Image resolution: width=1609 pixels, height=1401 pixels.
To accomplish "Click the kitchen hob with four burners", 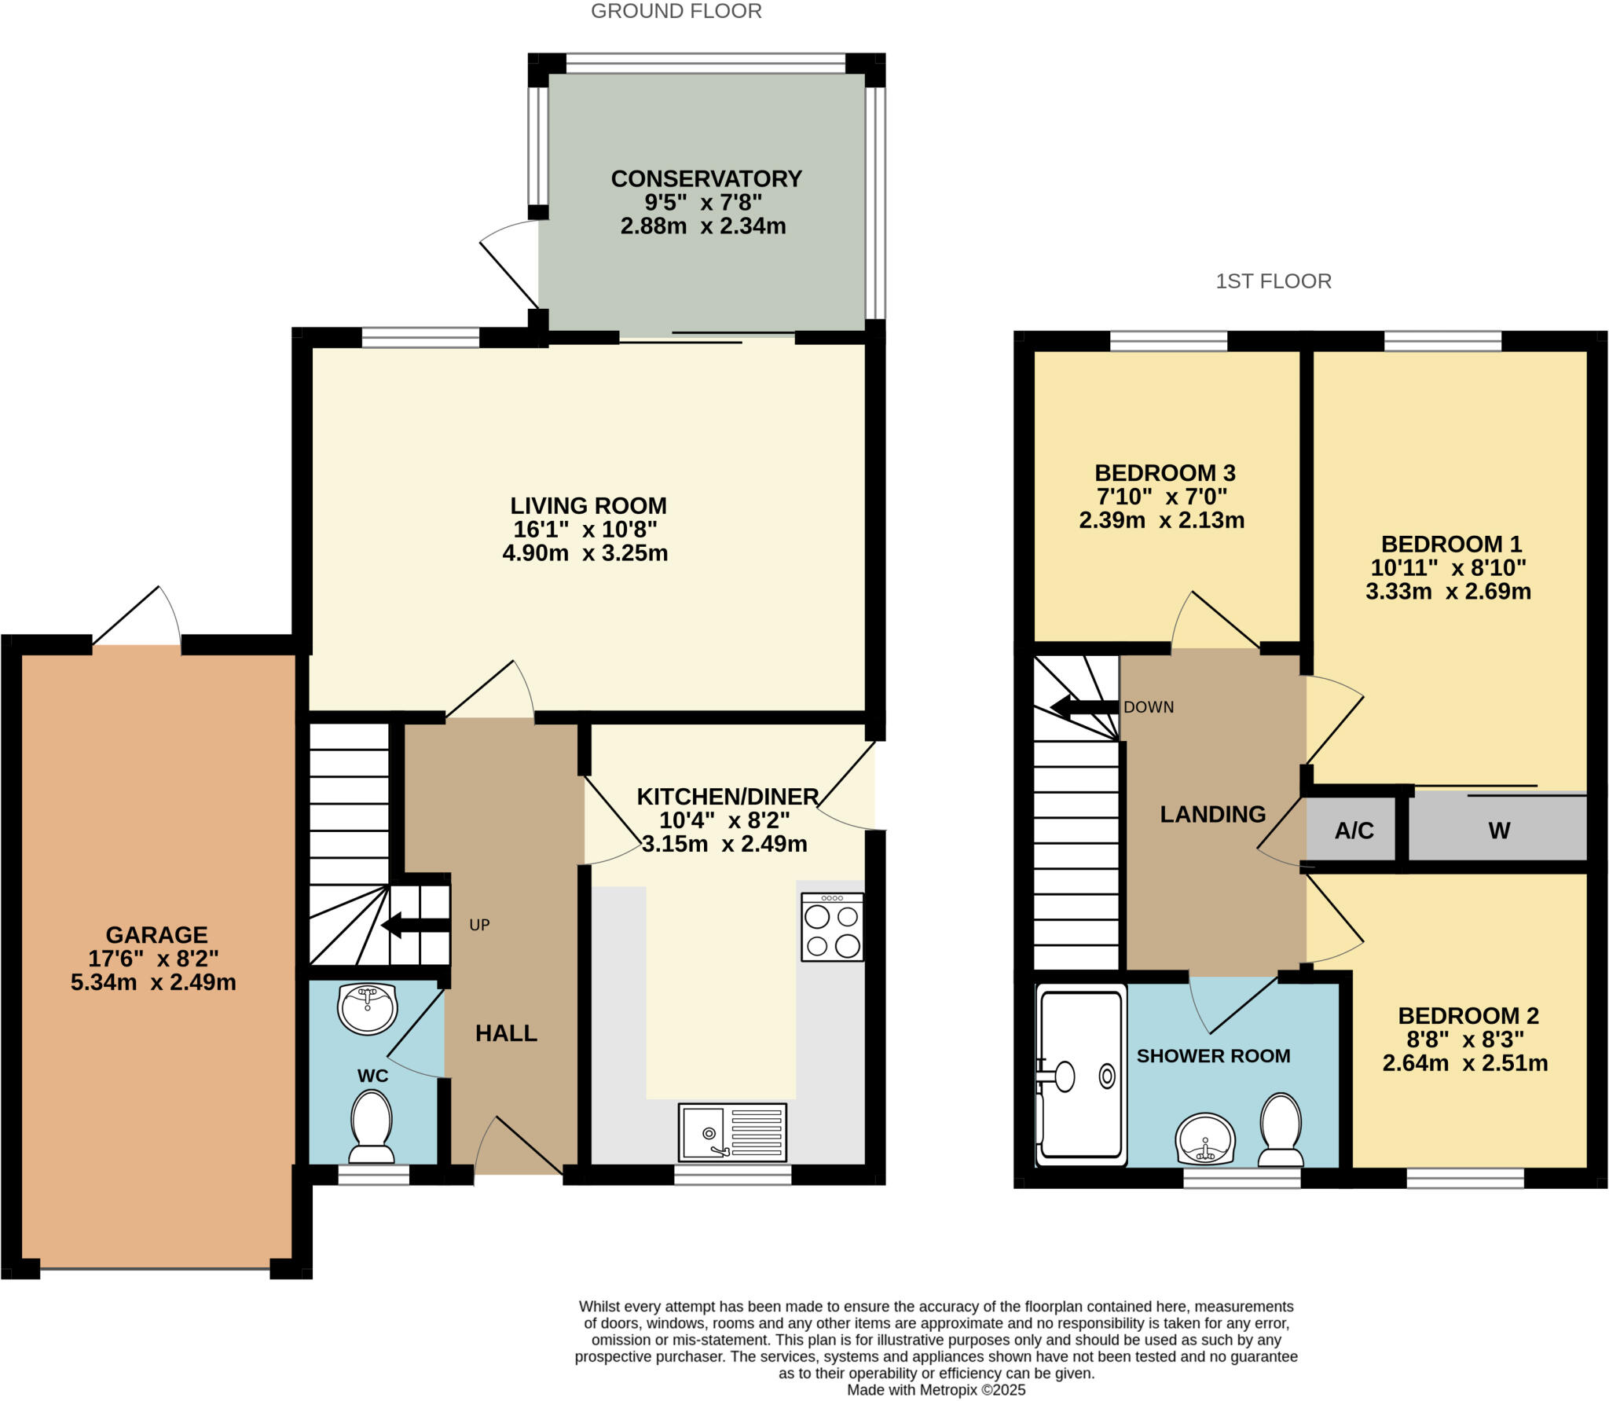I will click(832, 927).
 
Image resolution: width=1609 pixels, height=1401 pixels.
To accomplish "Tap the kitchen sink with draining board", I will click(732, 1132).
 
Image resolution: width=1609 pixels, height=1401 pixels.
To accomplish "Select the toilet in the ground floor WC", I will click(372, 1128).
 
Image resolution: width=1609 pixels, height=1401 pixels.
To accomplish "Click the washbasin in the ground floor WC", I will click(367, 1008).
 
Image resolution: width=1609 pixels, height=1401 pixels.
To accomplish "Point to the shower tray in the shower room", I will click(1081, 1075).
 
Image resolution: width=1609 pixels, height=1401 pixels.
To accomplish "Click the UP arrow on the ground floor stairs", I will click(415, 925).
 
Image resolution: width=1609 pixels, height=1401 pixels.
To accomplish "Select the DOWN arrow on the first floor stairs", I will click(1084, 706).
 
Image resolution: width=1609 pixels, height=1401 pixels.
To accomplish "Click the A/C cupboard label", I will click(1354, 831).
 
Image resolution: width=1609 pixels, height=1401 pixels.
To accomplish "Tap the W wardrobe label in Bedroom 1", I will click(1498, 831).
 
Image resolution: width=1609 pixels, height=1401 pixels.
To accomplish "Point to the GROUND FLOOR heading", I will click(676, 11).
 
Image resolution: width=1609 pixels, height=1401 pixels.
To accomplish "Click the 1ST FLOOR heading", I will click(1273, 281).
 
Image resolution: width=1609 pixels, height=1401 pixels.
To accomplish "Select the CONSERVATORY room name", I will click(706, 179).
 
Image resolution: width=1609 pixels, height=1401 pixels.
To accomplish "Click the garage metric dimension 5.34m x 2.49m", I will click(153, 982).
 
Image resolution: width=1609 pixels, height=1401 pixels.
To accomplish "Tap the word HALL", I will click(506, 1033).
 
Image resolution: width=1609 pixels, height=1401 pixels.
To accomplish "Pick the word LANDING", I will click(1212, 814).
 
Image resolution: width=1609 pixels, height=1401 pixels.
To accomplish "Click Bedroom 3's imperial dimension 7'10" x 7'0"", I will click(1161, 497).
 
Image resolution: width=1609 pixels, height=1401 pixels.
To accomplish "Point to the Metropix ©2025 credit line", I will click(936, 1389).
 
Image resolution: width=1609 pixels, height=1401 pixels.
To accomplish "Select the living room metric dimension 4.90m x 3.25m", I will click(585, 553).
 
